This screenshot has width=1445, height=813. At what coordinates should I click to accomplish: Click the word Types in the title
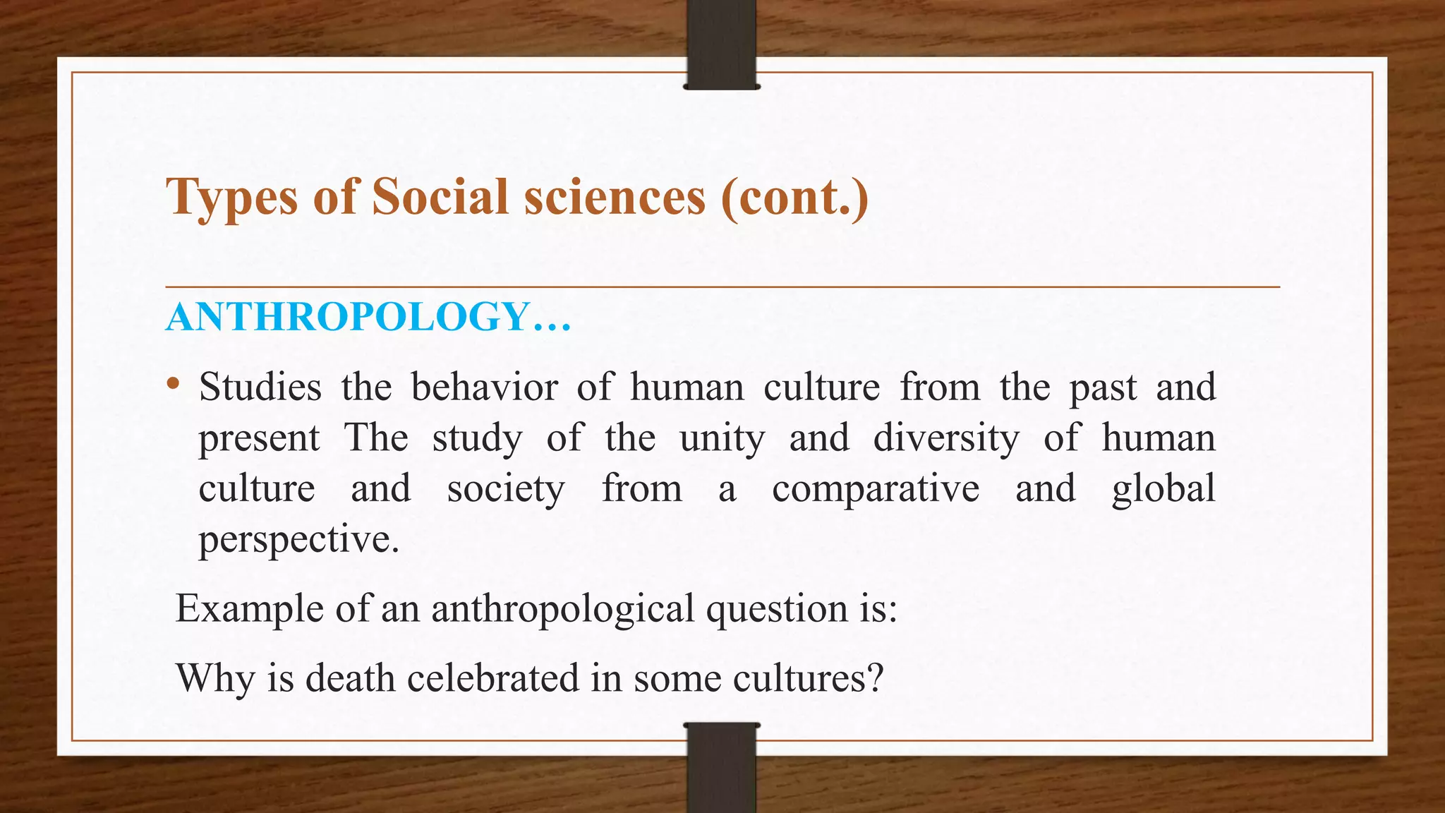tap(232, 197)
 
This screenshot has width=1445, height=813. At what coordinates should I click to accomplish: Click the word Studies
tap(260, 387)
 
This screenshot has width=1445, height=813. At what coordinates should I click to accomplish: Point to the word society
tap(506, 488)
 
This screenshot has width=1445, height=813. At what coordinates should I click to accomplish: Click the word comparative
tap(876, 488)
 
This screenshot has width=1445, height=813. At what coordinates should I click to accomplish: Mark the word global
tap(1163, 488)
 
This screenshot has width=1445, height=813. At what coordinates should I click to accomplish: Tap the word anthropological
tap(563, 608)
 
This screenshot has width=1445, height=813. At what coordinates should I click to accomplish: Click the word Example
tap(249, 608)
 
